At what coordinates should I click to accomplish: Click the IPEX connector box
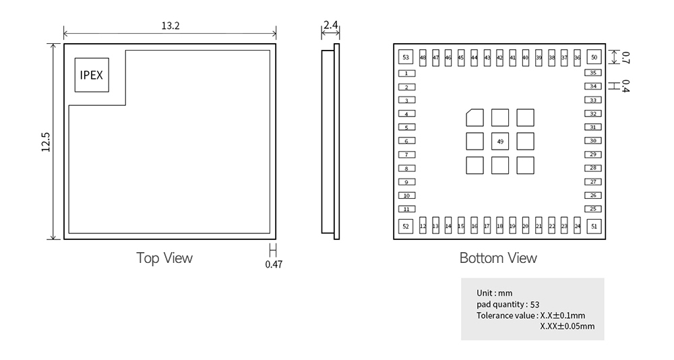pyautogui.click(x=91, y=74)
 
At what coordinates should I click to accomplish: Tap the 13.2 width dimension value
pyautogui.click(x=170, y=26)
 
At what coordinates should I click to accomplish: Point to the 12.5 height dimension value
pyautogui.click(x=46, y=142)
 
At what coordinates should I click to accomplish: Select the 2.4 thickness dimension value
pyautogui.click(x=330, y=26)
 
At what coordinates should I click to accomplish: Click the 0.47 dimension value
pyautogui.click(x=274, y=264)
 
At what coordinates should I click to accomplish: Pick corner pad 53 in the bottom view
pyautogui.click(x=406, y=58)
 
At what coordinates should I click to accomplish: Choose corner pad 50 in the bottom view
pyautogui.click(x=594, y=58)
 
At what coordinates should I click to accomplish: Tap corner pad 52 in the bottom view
pyautogui.click(x=406, y=227)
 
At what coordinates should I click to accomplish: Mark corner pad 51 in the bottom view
pyautogui.click(x=594, y=227)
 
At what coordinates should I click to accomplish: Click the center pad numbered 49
pyautogui.click(x=500, y=142)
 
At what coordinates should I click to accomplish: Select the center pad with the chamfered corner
pyautogui.click(x=474, y=117)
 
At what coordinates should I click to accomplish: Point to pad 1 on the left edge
pyautogui.click(x=406, y=73)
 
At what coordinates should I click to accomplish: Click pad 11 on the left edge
pyautogui.click(x=406, y=209)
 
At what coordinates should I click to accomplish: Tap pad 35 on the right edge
pyautogui.click(x=593, y=73)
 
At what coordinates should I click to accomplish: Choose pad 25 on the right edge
pyautogui.click(x=593, y=209)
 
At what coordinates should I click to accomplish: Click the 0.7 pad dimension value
pyautogui.click(x=625, y=57)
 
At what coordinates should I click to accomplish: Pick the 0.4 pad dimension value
pyautogui.click(x=625, y=86)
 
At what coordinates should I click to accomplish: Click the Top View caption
pyautogui.click(x=164, y=258)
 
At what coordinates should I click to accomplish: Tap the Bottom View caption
pyautogui.click(x=498, y=258)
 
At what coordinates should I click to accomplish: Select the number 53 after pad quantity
pyautogui.click(x=535, y=305)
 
